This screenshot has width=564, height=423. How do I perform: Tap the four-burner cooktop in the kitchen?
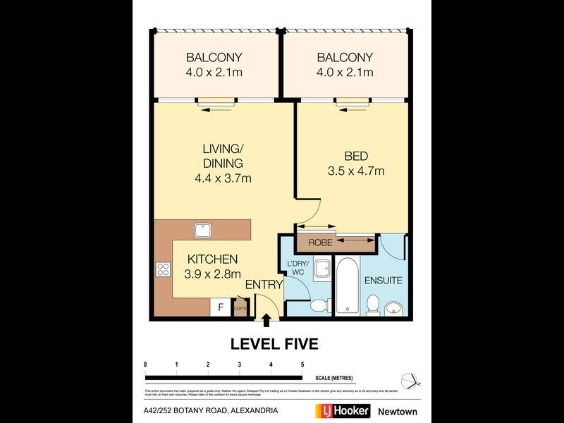pyautogui.click(x=163, y=269)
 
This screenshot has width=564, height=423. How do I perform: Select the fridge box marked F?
pyautogui.click(x=221, y=307)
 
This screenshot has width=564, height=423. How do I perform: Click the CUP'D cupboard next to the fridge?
pyautogui.click(x=239, y=307)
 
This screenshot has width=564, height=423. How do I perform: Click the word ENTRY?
pyautogui.click(x=264, y=285)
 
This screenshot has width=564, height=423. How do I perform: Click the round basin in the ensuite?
pyautogui.click(x=395, y=307)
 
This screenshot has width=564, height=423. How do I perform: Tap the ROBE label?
pyautogui.click(x=315, y=243)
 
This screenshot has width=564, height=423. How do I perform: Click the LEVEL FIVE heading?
pyautogui.click(x=275, y=344)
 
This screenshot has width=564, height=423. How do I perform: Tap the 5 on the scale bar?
pyautogui.click(x=302, y=364)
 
